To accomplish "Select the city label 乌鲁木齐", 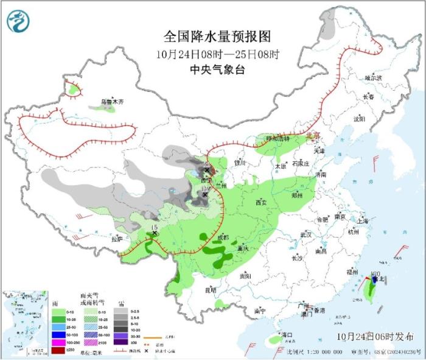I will tap(112, 102).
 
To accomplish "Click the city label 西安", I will tap(262, 202).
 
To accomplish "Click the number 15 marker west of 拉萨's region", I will tap(155, 228).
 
